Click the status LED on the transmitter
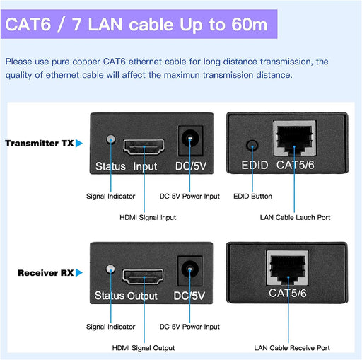(x=111, y=139)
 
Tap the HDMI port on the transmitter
(x=144, y=146)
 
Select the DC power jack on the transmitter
(x=190, y=141)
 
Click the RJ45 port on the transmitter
(x=295, y=138)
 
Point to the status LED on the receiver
(x=110, y=269)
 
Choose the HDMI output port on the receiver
(x=143, y=277)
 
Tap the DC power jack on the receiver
(x=189, y=270)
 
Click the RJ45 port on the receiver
(x=288, y=268)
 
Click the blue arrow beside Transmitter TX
(x=79, y=144)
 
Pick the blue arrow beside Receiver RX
(x=79, y=273)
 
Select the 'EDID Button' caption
(x=252, y=196)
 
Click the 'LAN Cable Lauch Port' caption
(x=295, y=217)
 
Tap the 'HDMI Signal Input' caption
(x=148, y=217)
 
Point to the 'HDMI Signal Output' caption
(x=144, y=348)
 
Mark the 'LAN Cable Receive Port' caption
(x=292, y=348)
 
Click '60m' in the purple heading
(x=250, y=25)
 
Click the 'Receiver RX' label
(x=45, y=273)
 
